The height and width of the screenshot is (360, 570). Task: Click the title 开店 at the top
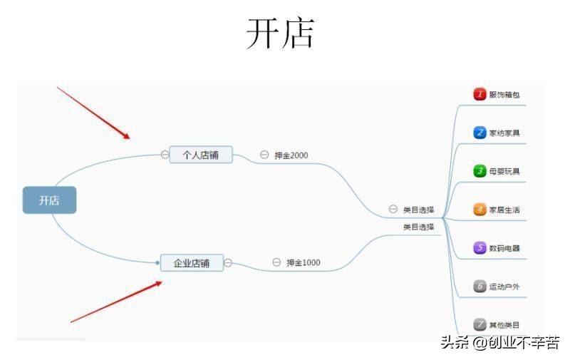click(x=280, y=33)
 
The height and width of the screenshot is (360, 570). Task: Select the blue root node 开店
click(x=49, y=200)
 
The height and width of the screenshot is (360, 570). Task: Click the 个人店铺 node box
click(x=201, y=154)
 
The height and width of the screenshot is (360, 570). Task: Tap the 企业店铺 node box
click(x=192, y=263)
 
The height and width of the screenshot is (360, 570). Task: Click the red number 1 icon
click(x=480, y=94)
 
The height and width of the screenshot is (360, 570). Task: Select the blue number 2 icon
click(x=480, y=133)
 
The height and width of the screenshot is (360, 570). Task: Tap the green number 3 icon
click(x=480, y=171)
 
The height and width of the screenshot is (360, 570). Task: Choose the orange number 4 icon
click(x=480, y=210)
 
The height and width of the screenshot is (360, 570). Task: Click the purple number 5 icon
click(x=480, y=248)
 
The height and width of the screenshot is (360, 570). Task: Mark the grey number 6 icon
click(x=480, y=287)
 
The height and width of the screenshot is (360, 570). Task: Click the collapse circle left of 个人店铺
click(x=165, y=154)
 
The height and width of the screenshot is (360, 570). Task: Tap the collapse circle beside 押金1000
click(x=276, y=262)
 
